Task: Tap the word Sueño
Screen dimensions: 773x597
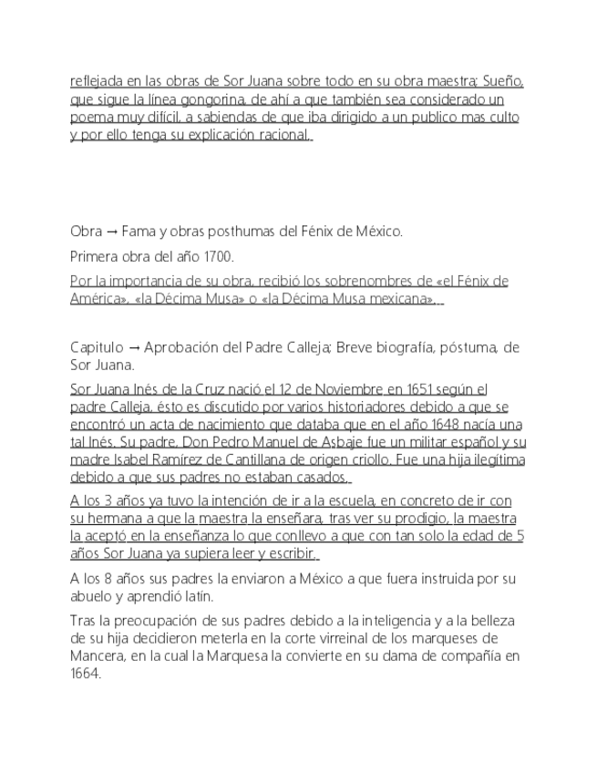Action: click(x=503, y=81)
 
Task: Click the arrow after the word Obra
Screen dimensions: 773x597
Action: click(x=114, y=232)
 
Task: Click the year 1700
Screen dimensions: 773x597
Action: click(x=216, y=256)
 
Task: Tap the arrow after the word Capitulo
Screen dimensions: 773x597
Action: click(x=133, y=348)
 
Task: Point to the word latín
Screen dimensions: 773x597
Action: click(x=197, y=596)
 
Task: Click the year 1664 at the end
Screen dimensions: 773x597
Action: click(x=85, y=674)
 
